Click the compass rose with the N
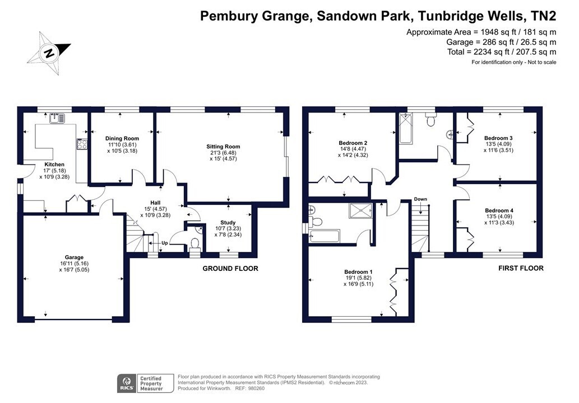(49, 53)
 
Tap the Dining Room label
(122, 138)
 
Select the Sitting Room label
(223, 146)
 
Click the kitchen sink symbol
(56, 118)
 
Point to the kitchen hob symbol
(82, 144)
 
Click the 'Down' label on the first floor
(420, 199)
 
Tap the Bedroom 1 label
(359, 272)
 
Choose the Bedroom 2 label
(353, 143)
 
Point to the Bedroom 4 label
(499, 210)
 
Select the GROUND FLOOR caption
(230, 269)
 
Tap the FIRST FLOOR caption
(521, 269)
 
